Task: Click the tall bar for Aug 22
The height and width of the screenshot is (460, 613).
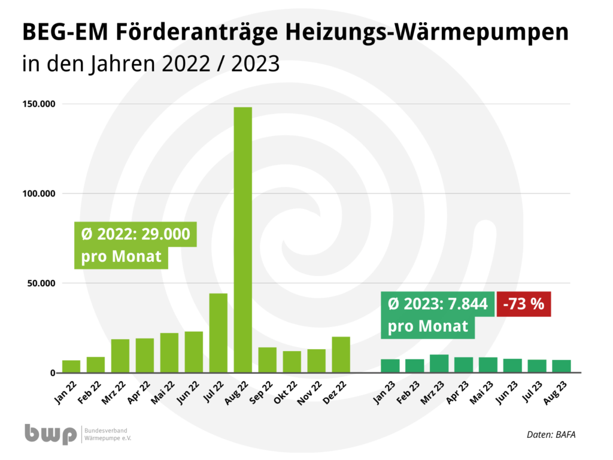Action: pos(242,240)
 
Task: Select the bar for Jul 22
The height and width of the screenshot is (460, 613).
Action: pos(218,333)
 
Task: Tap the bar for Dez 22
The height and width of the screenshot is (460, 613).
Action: pos(341,355)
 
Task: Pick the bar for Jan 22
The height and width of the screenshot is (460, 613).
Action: pos(71,367)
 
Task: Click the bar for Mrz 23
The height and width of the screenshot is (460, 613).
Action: pos(439,364)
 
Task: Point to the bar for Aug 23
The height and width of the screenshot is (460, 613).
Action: pos(561,366)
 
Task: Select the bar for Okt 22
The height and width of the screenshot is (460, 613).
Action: pos(292,362)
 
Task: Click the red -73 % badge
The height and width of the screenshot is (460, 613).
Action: pos(523,304)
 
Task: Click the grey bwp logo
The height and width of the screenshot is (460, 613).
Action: pos(51,434)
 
